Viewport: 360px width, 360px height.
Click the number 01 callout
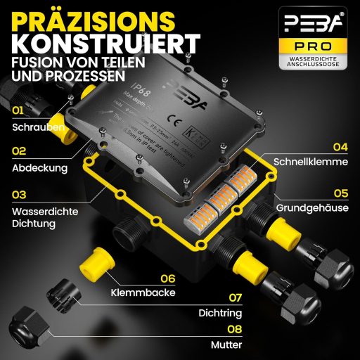18,110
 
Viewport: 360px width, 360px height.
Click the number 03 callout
19,193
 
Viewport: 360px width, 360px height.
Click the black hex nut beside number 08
32,328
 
